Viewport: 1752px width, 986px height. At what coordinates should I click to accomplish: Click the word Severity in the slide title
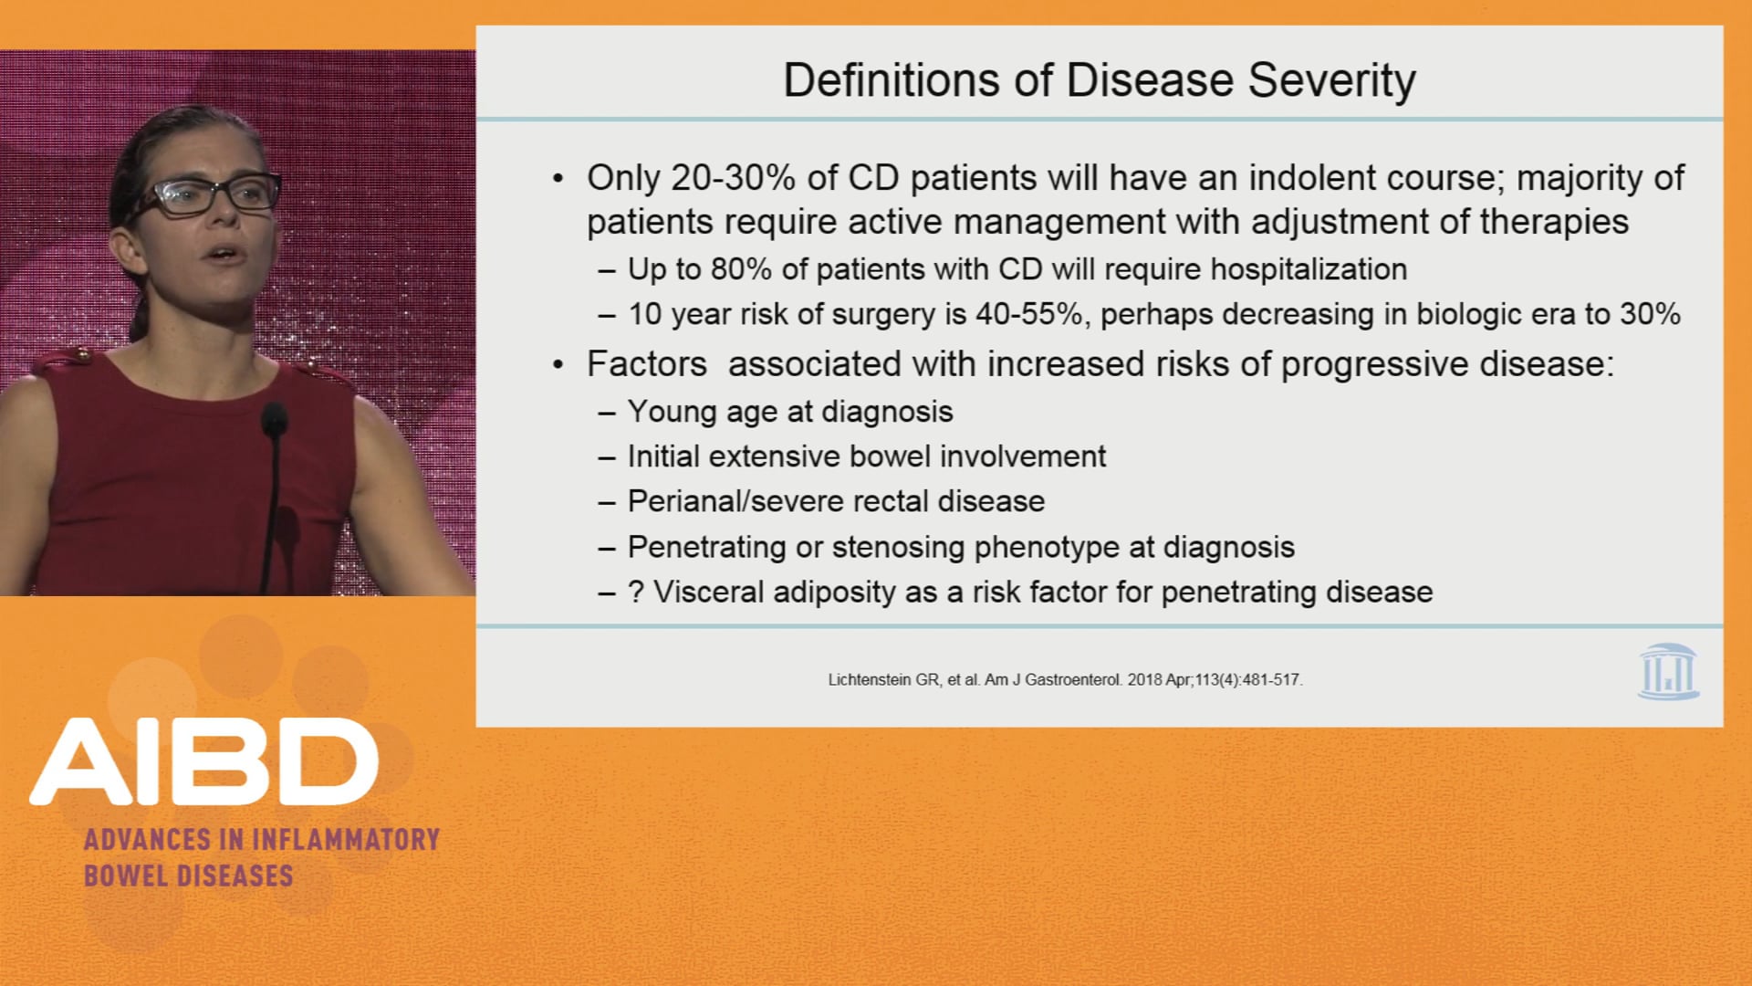click(1331, 80)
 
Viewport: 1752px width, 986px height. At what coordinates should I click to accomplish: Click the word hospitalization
click(1309, 269)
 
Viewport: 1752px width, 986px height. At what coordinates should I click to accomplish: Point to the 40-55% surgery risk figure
click(1029, 314)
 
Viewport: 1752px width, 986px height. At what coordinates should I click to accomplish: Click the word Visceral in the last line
click(708, 592)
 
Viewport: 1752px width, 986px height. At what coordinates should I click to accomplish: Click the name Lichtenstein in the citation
click(870, 680)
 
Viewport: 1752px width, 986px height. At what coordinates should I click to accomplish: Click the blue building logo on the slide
click(1668, 672)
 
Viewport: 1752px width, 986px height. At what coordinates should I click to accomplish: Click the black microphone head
click(273, 420)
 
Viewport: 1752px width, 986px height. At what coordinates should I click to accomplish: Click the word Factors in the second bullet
click(646, 364)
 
